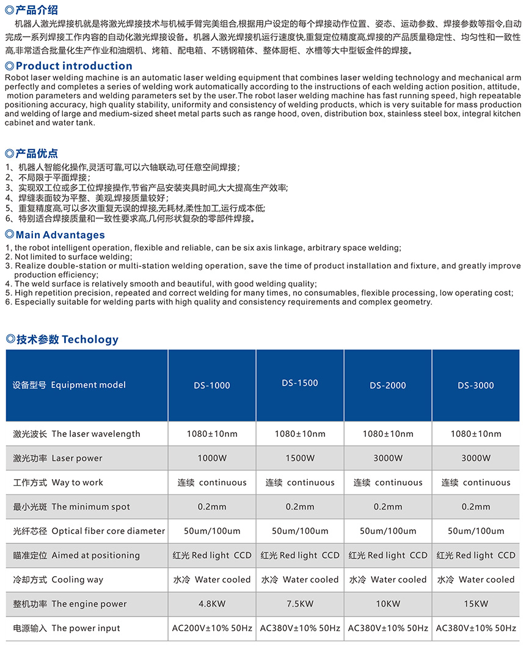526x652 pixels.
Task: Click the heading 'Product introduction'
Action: tap(73, 66)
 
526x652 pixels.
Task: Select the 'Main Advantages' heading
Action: tap(60, 235)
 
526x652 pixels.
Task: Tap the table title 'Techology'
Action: tap(90, 339)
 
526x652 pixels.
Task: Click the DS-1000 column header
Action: tap(212, 385)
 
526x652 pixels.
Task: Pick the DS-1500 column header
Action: tap(300, 383)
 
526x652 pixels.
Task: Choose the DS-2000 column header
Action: tap(388, 385)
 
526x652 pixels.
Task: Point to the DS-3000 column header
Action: tap(476, 385)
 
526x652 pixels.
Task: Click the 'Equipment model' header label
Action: tap(88, 385)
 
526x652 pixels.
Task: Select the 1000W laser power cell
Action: tap(212, 458)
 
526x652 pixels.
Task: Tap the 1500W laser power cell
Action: tap(300, 458)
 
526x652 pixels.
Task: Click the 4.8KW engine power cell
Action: tap(212, 604)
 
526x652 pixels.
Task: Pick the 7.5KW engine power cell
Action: tap(300, 604)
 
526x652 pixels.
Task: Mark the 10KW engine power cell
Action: tap(388, 604)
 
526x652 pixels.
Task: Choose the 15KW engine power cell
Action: tap(476, 604)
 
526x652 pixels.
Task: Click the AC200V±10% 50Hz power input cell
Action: tap(212, 628)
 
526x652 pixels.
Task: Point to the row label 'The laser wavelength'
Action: tap(95, 434)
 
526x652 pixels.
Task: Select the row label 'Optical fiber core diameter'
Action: tap(108, 531)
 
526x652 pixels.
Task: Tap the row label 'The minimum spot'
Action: tap(90, 507)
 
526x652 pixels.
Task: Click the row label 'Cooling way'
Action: tap(77, 579)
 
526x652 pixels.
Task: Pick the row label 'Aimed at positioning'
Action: tap(95, 555)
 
